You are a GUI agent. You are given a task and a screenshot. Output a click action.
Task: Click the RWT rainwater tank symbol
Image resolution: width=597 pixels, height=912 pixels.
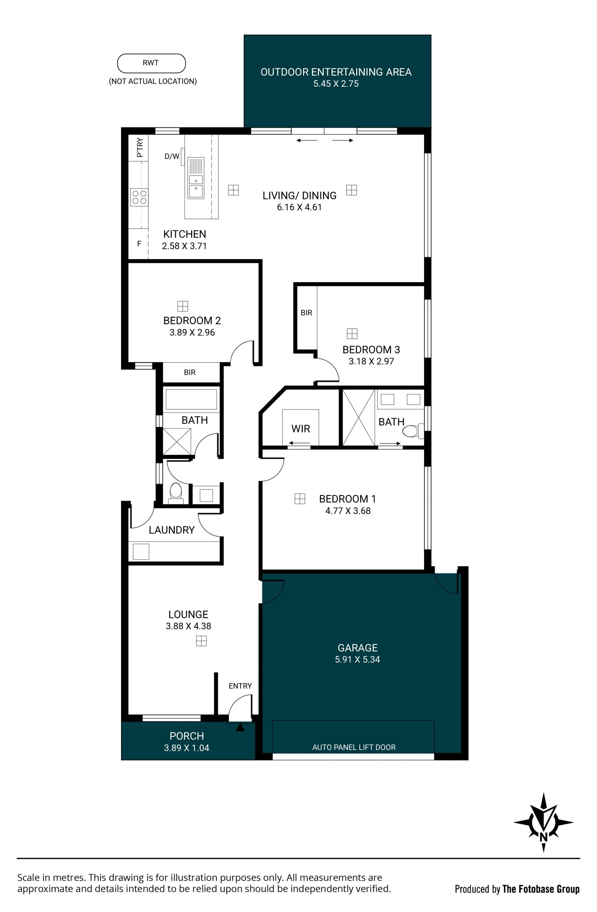coord(151,63)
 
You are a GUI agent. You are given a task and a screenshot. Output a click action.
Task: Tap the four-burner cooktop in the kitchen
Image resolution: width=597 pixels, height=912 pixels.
coord(139,197)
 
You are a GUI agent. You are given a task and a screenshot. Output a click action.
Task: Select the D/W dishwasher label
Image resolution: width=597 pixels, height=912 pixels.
coord(172,156)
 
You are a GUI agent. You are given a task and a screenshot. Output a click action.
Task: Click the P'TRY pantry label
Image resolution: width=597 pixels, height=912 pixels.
coord(140,147)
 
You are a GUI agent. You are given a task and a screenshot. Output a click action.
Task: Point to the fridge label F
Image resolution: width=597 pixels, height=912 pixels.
coord(139,244)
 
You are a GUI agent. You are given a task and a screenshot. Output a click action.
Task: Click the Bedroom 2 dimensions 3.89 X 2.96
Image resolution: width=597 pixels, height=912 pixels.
coord(192,333)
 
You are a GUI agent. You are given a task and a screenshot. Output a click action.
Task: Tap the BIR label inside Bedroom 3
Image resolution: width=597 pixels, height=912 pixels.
coord(306,313)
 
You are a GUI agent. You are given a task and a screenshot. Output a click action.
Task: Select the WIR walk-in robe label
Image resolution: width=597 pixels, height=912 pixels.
coord(300,429)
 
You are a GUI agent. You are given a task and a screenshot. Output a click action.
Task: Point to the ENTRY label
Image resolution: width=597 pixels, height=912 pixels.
coord(240,686)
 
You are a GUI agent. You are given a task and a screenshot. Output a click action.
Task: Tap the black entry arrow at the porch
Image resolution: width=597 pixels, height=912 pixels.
coord(240,727)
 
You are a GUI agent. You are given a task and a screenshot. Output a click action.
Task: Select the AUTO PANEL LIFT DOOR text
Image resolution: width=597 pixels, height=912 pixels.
coord(354,747)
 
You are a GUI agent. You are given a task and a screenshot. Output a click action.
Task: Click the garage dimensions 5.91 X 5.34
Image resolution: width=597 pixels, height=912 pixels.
coord(357,660)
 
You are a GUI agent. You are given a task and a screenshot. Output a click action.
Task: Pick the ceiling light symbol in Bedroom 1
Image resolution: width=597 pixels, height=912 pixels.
coord(300,498)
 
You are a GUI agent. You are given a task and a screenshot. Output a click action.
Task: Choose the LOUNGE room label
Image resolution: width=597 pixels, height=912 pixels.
coord(188,614)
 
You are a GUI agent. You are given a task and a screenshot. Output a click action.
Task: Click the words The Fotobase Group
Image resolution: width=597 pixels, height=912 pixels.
coord(541,889)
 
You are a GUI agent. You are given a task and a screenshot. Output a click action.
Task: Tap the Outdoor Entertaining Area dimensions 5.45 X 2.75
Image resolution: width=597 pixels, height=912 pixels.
coord(336,84)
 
